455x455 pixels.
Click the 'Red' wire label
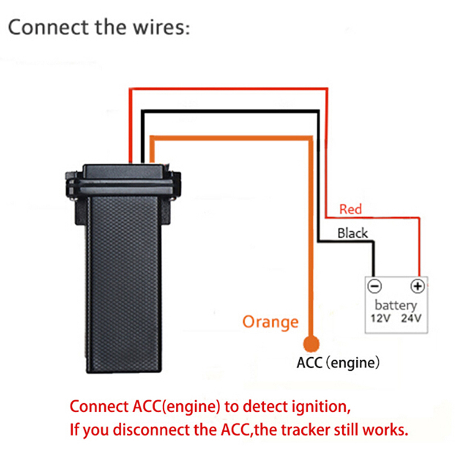[x=350, y=209]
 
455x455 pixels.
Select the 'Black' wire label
[x=353, y=233]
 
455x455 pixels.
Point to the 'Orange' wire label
[x=270, y=322]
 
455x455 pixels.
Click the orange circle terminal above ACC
[x=311, y=343]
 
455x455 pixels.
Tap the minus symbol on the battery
[x=376, y=286]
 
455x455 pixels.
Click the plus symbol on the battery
[x=417, y=286]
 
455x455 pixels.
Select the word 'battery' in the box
[x=396, y=305]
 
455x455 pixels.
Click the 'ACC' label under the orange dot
[x=310, y=362]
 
